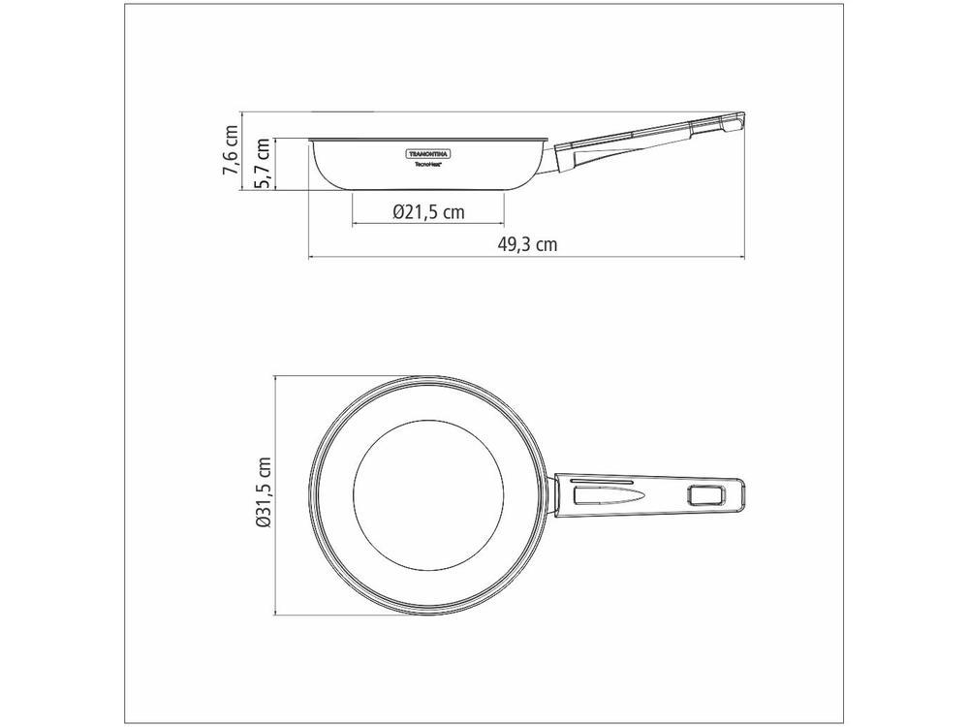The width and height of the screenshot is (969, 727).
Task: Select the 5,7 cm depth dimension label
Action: coord(263,163)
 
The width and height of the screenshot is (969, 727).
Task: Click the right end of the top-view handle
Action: coord(744,494)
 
